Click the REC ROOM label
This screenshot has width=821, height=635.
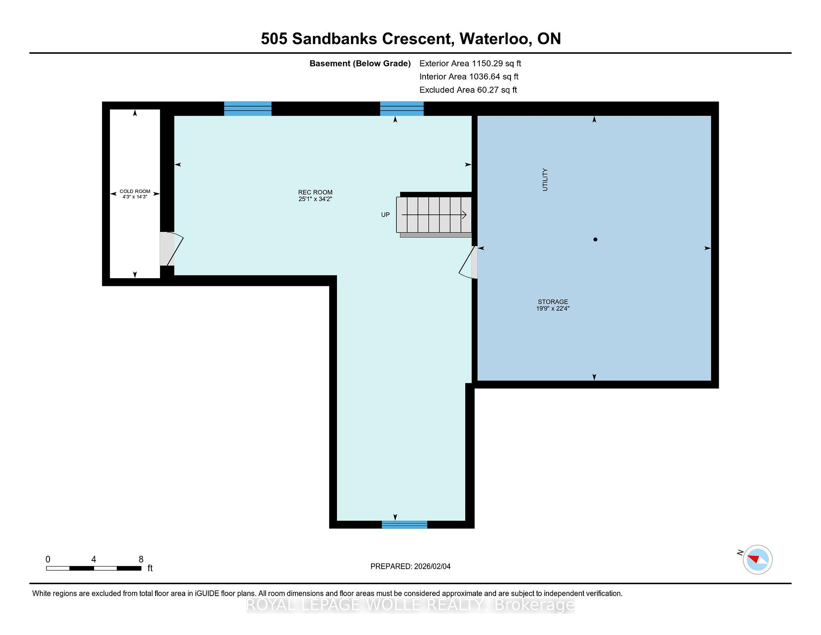click(x=315, y=193)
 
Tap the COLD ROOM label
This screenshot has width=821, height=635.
click(x=135, y=191)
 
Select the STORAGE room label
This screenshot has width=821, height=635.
click(x=553, y=302)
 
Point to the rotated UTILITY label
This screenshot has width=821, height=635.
click(x=545, y=180)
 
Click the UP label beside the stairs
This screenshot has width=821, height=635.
click(x=385, y=215)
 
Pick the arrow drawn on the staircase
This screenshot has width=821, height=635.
click(x=434, y=215)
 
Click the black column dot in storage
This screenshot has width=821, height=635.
click(x=595, y=240)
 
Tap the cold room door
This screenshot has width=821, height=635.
click(x=171, y=249)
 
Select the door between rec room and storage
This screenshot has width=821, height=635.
click(x=468, y=262)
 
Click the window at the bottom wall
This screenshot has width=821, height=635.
click(x=405, y=525)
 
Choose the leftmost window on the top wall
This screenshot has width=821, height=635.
click(x=248, y=109)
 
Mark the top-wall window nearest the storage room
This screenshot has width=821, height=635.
click(x=402, y=109)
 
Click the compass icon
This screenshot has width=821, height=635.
click(x=758, y=560)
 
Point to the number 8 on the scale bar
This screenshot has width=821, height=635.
click(x=141, y=559)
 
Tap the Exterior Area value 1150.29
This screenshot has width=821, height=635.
click(x=487, y=63)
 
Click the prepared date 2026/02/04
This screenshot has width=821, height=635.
click(x=432, y=567)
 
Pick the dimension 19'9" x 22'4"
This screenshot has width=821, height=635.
click(x=553, y=309)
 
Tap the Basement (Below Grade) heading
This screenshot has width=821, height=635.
click(x=360, y=64)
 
